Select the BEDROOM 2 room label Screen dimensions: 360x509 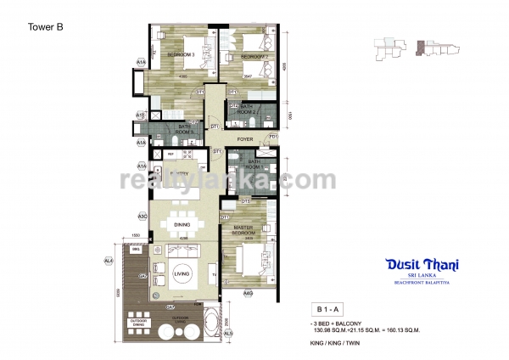[x=255, y=56]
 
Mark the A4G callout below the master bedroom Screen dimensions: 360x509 [x=248, y=293]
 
